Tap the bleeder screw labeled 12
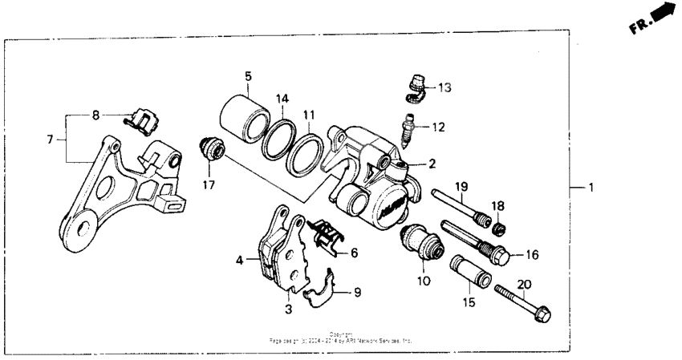point(409,128)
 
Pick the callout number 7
point(51,139)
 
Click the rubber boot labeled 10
point(421,241)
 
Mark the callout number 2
point(432,164)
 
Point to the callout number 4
point(238,261)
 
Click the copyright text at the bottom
point(341,338)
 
